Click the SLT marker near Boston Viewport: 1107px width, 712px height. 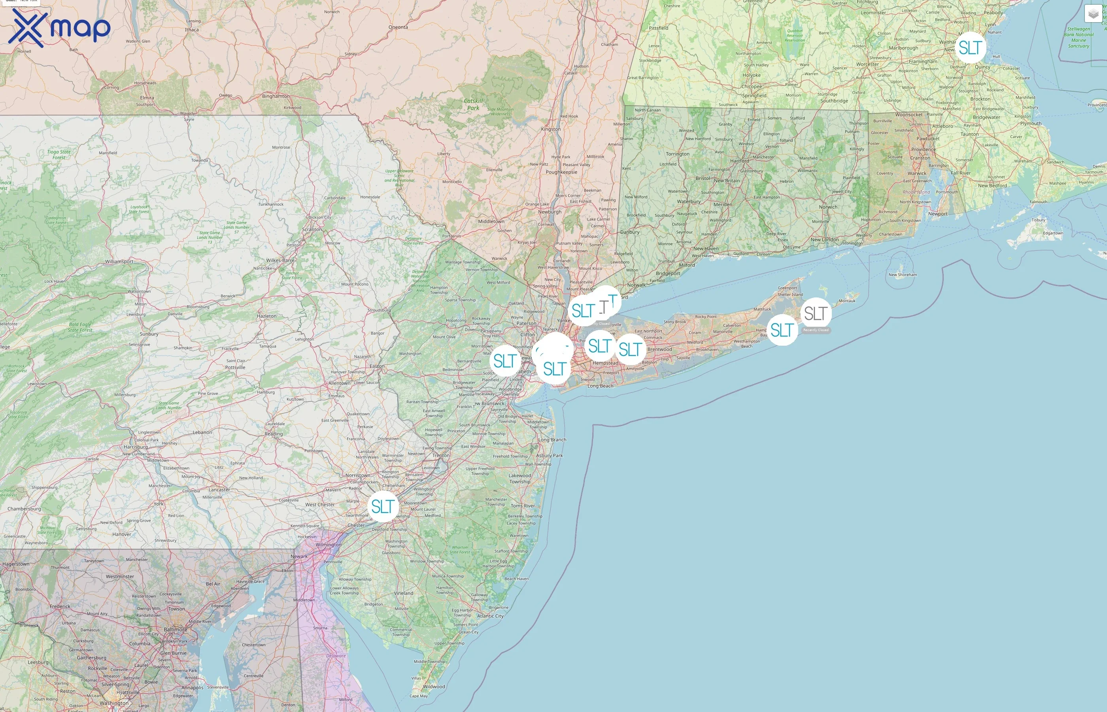point(969,47)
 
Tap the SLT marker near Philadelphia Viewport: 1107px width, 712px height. point(383,506)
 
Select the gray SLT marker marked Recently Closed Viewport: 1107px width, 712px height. point(816,314)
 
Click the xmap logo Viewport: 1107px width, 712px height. point(59,28)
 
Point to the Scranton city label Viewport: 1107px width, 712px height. point(312,229)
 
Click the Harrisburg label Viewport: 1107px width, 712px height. point(136,447)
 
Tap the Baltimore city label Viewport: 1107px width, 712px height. point(176,629)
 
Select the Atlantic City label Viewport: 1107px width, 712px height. point(490,616)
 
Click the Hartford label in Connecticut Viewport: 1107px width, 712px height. point(739,161)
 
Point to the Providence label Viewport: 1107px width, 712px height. point(923,150)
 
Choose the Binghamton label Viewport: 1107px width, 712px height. point(276,96)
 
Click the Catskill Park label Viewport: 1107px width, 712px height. point(473,104)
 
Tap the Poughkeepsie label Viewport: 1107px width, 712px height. point(561,172)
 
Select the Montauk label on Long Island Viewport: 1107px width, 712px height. point(847,301)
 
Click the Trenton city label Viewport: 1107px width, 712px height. point(441,455)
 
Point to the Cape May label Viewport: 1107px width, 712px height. point(419,696)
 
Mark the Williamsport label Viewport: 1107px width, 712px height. point(119,262)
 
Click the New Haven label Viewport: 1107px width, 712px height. point(705,249)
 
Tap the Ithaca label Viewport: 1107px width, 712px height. point(192,30)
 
